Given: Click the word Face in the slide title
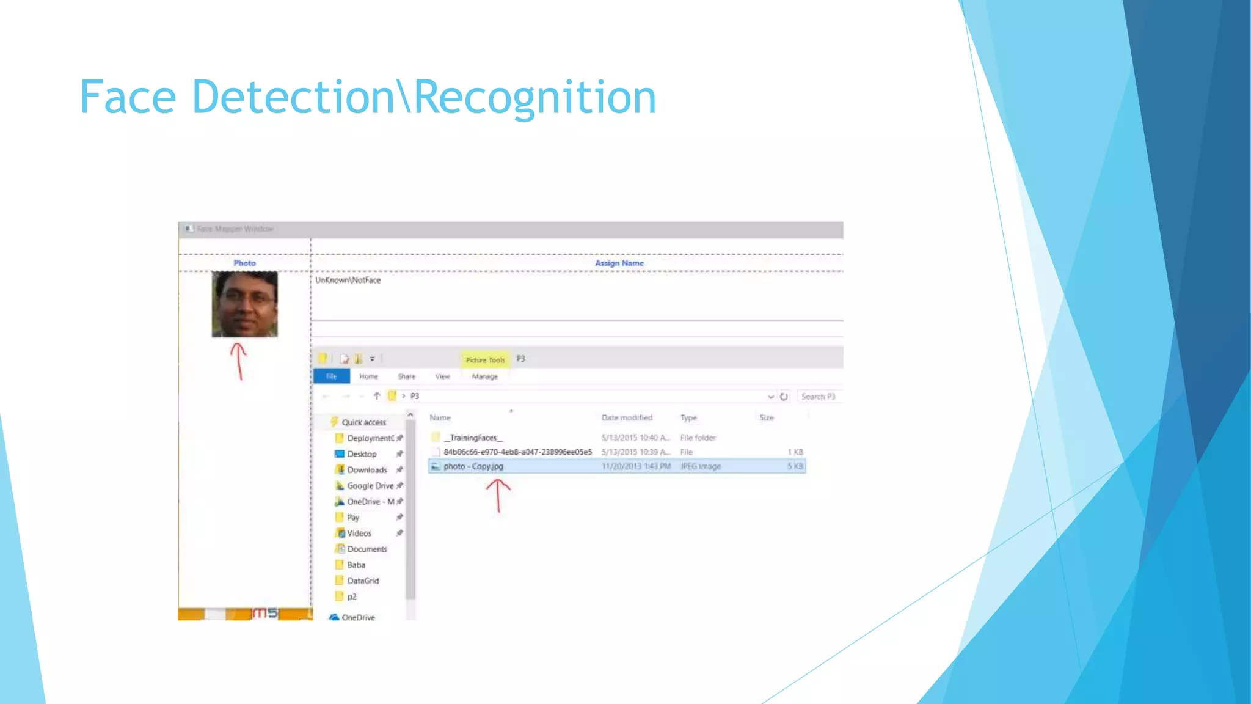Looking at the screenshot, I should click(128, 97).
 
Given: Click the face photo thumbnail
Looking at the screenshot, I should click(244, 304).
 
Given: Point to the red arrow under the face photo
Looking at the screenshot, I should click(239, 361).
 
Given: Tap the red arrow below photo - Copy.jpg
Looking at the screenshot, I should click(498, 495).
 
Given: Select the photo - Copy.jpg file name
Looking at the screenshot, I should click(473, 466).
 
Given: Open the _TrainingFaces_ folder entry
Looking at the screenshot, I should click(473, 438).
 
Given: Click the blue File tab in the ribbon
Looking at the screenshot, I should click(331, 376).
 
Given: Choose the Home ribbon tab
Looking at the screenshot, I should click(368, 376).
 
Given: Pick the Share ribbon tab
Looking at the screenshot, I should click(406, 376).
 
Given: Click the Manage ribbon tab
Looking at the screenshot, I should click(485, 376).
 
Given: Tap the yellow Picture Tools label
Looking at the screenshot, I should click(485, 360).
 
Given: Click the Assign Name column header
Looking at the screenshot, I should click(619, 263).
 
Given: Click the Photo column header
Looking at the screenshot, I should click(244, 263).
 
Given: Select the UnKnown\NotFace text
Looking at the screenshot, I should click(348, 280).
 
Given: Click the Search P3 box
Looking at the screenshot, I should click(819, 397).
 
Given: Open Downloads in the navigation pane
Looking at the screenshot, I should click(367, 470).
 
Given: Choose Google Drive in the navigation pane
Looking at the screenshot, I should click(370, 486).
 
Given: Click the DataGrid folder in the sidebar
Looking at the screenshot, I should click(363, 581).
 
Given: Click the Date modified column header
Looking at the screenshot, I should click(627, 418).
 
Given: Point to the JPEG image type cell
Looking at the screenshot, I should click(701, 466).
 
